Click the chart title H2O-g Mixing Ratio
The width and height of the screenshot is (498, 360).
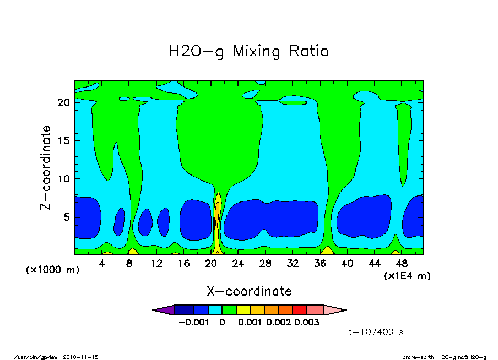tap(248, 52)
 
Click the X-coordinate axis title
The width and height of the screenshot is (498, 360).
tap(248, 291)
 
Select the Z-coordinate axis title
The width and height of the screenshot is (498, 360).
tap(46, 167)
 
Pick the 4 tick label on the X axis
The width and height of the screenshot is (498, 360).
tap(102, 264)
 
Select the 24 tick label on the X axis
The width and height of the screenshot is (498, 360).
tap(238, 264)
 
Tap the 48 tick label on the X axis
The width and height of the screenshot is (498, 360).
tap(401, 264)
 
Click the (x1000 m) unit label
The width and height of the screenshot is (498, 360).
tap(52, 270)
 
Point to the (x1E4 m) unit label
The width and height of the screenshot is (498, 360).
tap(407, 276)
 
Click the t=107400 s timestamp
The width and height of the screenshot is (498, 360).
tap(377, 332)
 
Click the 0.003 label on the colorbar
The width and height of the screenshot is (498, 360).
tap(306, 323)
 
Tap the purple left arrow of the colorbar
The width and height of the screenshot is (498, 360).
tap(163, 310)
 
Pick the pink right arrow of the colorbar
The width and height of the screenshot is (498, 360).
tap(334, 310)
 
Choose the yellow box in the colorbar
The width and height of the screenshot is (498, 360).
tap(242, 310)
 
